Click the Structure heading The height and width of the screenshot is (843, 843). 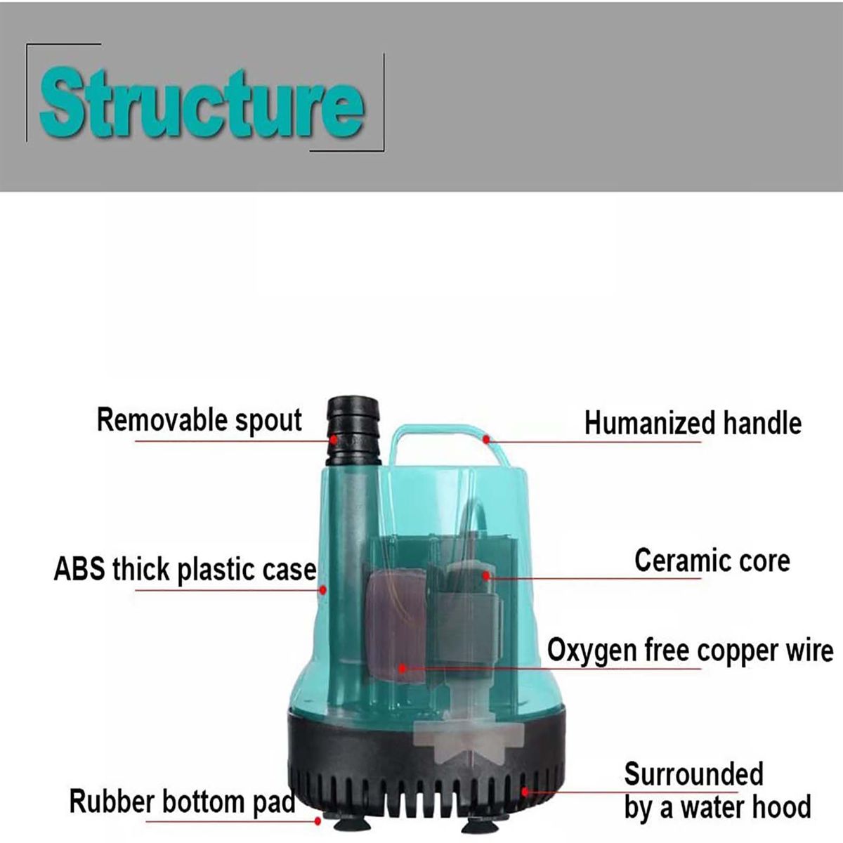(x=202, y=103)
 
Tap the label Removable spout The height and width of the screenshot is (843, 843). (x=200, y=420)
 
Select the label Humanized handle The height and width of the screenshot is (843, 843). (x=693, y=424)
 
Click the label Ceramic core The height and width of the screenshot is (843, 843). (x=712, y=561)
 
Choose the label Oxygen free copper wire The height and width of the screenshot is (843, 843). (x=690, y=651)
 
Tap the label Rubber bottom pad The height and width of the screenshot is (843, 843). (x=182, y=802)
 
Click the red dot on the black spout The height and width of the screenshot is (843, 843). (x=335, y=440)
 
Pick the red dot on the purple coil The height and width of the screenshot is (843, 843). (x=403, y=668)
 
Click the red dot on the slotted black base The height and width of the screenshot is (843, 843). (x=523, y=792)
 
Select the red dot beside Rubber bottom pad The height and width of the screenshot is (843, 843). (x=318, y=820)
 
